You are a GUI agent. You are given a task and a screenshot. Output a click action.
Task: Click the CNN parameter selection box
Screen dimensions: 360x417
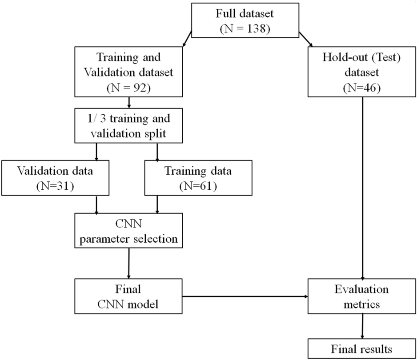129,231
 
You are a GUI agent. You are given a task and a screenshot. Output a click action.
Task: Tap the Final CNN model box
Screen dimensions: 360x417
129,296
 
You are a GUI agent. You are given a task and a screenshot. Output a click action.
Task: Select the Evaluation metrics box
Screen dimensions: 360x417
361,296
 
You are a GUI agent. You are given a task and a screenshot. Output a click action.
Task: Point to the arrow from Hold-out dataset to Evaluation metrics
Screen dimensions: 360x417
364,187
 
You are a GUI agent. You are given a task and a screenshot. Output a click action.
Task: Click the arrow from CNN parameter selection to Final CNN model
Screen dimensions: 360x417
129,262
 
